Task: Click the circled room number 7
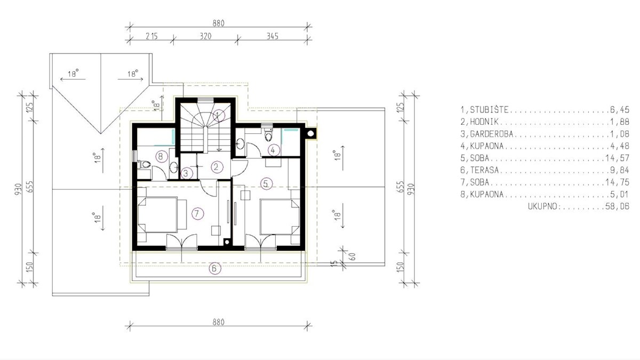pos(197,213)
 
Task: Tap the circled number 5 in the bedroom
pos(266,183)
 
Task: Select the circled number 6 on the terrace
pos(215,268)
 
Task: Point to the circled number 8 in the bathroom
pos(161,156)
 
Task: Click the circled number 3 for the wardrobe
pos(186,173)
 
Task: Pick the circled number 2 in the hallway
pos(217,167)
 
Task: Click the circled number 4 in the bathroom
pos(273,150)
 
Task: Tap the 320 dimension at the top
pos(205,36)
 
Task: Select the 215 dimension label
pos(151,36)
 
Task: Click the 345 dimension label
pos(273,36)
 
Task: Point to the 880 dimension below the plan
pos(219,322)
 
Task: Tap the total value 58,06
pos(617,206)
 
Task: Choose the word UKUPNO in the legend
pos(542,206)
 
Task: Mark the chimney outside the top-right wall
pos(310,133)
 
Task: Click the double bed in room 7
pos(158,214)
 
